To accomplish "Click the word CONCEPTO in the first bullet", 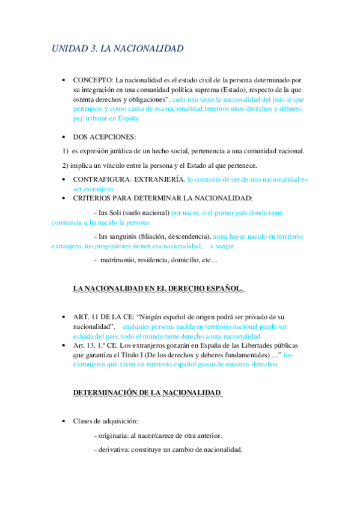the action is pos(93,80).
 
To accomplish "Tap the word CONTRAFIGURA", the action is pos(105,179).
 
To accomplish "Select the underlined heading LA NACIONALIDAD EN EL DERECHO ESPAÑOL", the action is pos(158,289).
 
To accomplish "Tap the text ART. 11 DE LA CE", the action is pos(102,317).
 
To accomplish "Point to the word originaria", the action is pos(114,435).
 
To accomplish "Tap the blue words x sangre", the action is pos(222,247).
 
